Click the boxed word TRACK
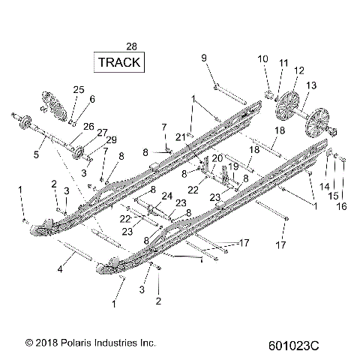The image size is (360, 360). point(118,62)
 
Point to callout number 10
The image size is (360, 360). point(263,58)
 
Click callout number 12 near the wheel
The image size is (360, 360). point(299,70)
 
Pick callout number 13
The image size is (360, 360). point(311,85)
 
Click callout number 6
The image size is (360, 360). point(92,98)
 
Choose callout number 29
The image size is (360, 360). point(112,140)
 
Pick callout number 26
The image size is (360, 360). point(88,125)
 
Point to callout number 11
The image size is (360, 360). point(283,62)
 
